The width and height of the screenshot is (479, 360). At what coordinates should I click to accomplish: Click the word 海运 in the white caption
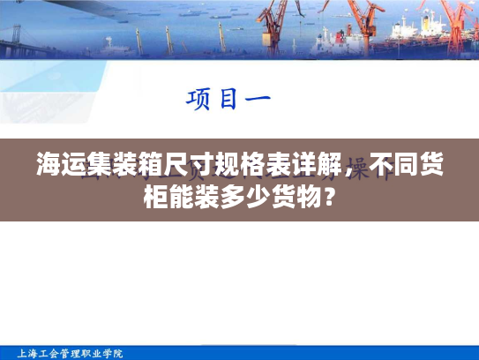62,164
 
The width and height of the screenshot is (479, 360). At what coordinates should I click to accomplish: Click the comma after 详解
348,169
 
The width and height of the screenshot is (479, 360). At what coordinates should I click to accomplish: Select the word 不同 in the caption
393,164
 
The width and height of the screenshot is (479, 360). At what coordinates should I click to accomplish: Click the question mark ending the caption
328,194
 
